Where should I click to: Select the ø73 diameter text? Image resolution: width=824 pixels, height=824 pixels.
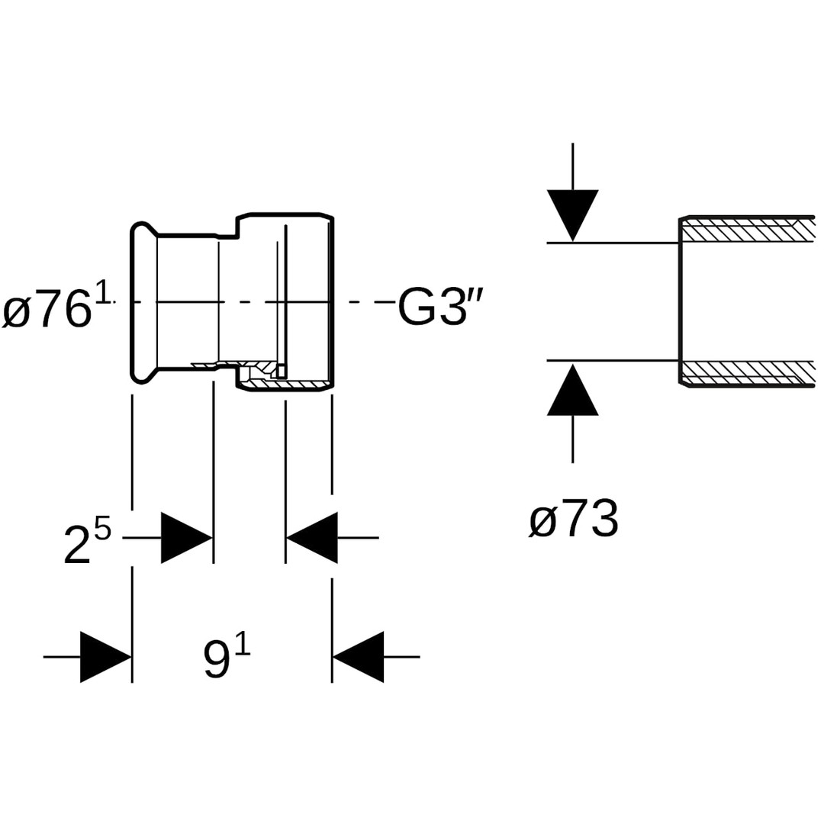[573, 520]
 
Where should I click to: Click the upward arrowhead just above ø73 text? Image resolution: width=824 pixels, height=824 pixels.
[572, 390]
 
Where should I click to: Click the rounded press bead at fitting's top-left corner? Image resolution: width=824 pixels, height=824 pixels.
[141, 229]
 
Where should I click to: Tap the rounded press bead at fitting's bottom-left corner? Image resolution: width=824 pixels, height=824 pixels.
[141, 375]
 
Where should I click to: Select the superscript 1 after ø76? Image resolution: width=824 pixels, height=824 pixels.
[103, 291]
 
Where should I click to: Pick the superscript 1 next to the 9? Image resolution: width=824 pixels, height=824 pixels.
[243, 645]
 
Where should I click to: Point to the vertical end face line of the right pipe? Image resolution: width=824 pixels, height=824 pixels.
[680, 301]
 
